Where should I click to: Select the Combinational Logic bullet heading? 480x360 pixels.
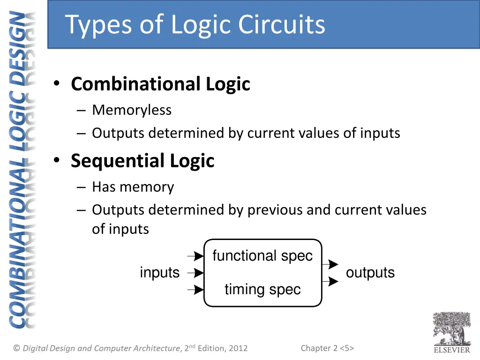coord(160,84)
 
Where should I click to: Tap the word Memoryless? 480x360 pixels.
coord(132,110)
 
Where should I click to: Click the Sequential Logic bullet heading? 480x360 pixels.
coord(142,161)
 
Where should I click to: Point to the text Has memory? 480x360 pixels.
coord(133,187)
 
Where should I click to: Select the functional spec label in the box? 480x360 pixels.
coord(262,256)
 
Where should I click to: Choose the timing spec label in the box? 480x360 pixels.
coord(262,289)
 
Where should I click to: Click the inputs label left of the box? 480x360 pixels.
coord(159,272)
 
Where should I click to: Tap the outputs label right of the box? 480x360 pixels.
coord(370,272)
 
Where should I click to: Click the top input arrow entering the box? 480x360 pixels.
coord(195,256)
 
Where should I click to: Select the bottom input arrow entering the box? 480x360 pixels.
coord(195,290)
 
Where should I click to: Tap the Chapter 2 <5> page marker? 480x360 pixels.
coord(327,348)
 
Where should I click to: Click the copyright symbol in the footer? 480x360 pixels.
coord(17,348)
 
